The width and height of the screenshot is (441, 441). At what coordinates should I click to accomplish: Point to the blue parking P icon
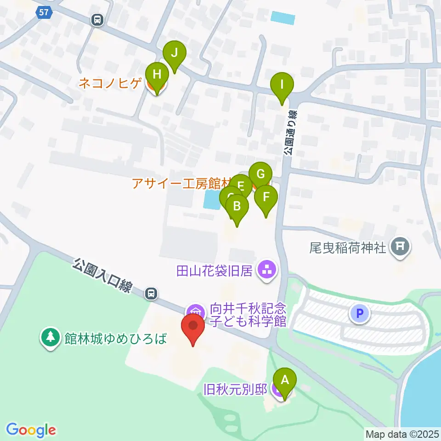360,314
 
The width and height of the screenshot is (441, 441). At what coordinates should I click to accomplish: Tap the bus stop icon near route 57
97,20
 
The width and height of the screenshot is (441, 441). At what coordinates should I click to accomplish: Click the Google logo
31,430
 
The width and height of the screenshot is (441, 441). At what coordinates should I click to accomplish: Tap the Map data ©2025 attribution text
402,434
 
